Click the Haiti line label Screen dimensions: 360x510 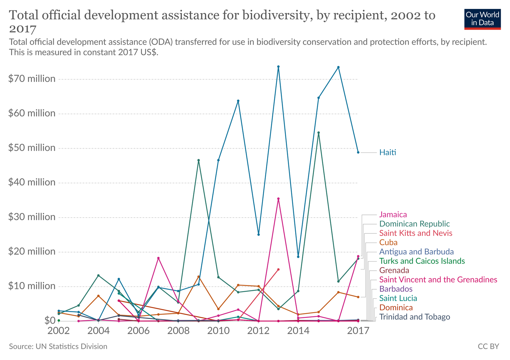click(x=388, y=152)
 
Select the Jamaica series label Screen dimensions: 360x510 click(x=393, y=215)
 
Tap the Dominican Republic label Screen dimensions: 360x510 click(x=414, y=224)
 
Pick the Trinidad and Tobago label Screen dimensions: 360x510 click(x=414, y=317)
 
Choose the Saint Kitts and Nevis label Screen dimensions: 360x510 click(x=416, y=233)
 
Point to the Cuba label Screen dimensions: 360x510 click(x=388, y=242)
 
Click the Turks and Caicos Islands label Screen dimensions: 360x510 click(x=422, y=261)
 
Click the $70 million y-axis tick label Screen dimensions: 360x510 click(x=32, y=79)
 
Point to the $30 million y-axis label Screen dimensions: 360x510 click(x=32, y=217)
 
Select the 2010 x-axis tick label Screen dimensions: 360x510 click(x=218, y=331)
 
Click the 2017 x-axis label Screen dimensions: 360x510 click(x=358, y=331)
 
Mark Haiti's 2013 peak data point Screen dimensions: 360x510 click(x=278, y=67)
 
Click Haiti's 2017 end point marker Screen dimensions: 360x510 click(x=358, y=152)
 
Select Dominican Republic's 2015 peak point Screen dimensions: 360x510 click(x=318, y=133)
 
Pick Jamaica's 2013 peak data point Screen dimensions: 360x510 click(x=278, y=199)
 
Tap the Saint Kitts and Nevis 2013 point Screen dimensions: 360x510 click(x=278, y=269)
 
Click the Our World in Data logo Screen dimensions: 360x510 click(x=482, y=19)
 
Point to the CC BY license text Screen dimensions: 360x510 click(x=488, y=346)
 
